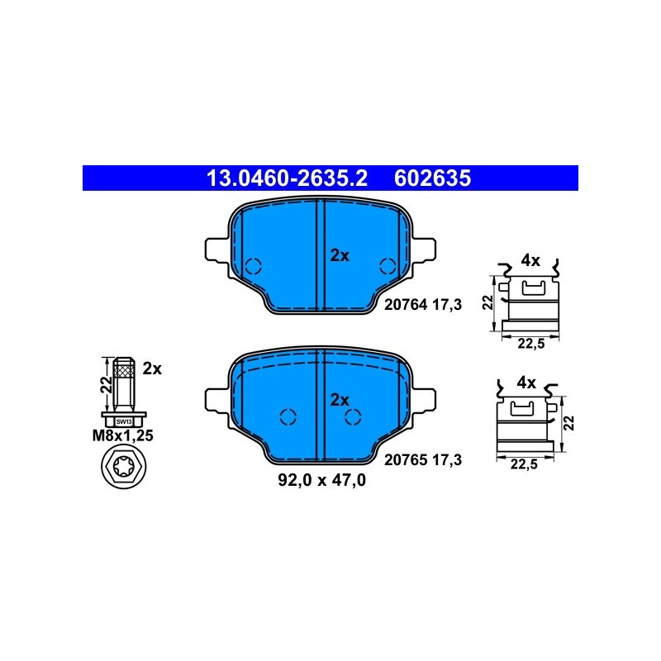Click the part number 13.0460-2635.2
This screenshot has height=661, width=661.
(x=287, y=178)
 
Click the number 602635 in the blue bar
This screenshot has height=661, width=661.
(x=432, y=178)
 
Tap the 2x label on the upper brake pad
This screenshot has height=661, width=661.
(x=340, y=255)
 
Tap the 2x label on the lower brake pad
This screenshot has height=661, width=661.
(x=340, y=400)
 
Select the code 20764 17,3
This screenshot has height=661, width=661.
(x=423, y=304)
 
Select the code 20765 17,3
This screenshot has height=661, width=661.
(x=423, y=459)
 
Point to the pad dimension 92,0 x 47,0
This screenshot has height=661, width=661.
(x=321, y=480)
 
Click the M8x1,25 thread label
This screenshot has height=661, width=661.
(x=122, y=435)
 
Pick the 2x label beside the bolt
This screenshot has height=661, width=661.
(x=152, y=369)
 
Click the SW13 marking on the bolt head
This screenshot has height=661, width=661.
(x=124, y=421)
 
